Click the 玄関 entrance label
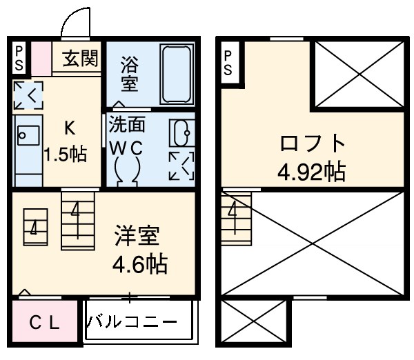81,59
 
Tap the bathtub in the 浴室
177,74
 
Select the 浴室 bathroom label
129,74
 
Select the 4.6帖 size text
141,263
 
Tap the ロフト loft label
313,144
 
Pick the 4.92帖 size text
312,170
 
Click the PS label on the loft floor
230,61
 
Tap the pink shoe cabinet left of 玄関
41,59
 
